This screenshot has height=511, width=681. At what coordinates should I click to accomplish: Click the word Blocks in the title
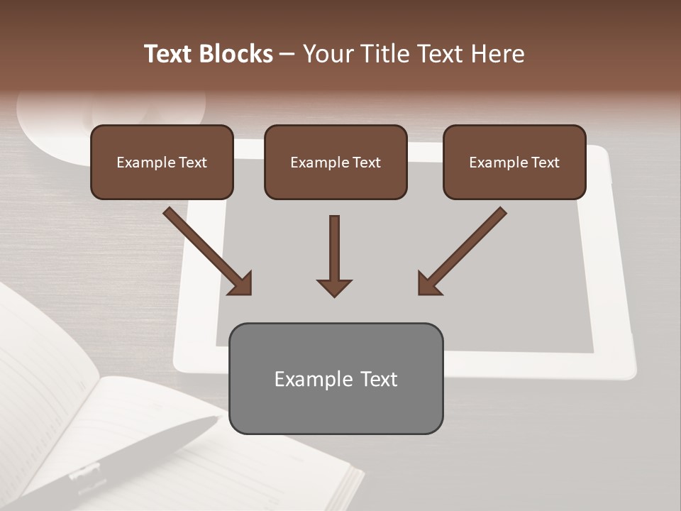pyautogui.click(x=236, y=54)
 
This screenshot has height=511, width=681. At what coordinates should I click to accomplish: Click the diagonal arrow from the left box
pyautogui.click(x=206, y=250)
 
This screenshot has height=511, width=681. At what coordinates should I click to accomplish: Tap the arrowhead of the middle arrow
pyautogui.click(x=334, y=287)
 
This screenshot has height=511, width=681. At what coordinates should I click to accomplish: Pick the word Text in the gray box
pyautogui.click(x=378, y=379)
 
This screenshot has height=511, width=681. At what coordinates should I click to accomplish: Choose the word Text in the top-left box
pyautogui.click(x=193, y=163)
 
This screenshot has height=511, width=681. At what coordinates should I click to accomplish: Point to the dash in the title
pyautogui.click(x=287, y=54)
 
